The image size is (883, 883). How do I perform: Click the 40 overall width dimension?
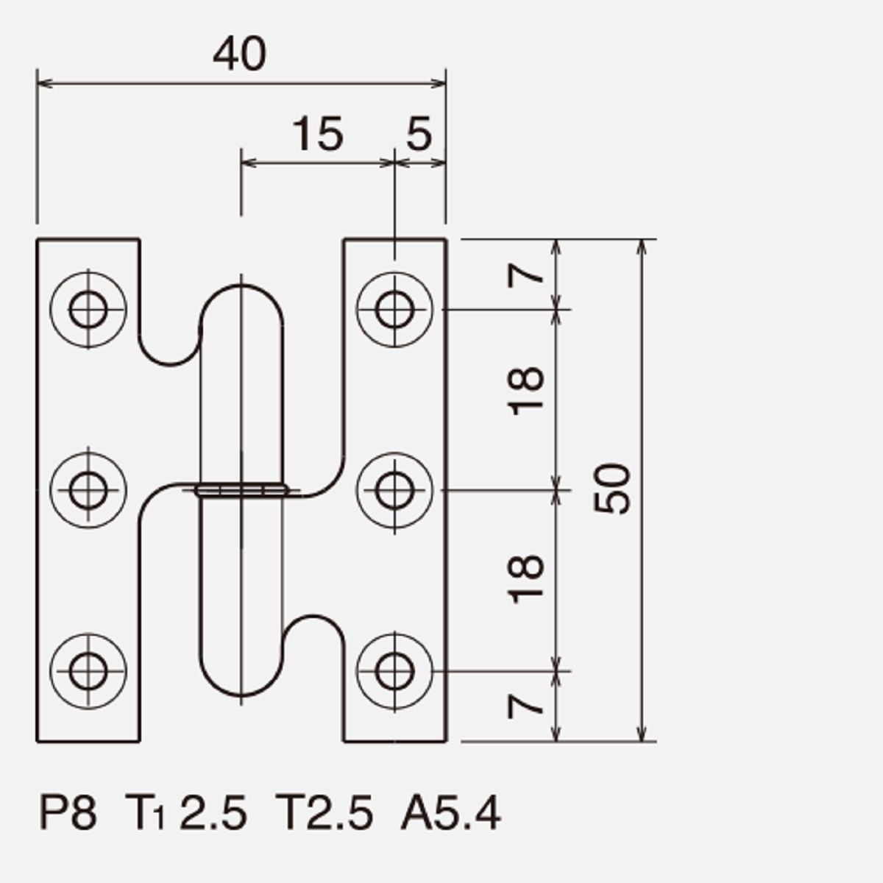point(239,54)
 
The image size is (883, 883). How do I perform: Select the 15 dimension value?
point(318,133)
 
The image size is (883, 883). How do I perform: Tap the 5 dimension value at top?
point(419,133)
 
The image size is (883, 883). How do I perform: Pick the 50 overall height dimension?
point(612,489)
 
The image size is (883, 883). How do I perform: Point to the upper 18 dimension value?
point(525,391)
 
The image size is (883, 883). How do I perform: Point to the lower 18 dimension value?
point(525,579)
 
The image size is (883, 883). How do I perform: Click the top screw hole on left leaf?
point(88,310)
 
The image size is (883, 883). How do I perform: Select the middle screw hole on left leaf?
point(88,490)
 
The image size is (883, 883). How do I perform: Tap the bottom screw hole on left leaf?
point(88,671)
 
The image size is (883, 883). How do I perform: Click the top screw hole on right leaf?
point(394,310)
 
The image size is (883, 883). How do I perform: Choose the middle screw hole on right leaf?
point(394,490)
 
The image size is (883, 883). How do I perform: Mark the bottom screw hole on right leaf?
point(394,671)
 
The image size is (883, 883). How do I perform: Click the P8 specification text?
point(68,813)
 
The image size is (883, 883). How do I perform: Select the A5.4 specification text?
point(451,813)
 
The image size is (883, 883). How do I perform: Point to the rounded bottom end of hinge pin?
point(241,695)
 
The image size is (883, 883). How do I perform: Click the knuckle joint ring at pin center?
point(241,490)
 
